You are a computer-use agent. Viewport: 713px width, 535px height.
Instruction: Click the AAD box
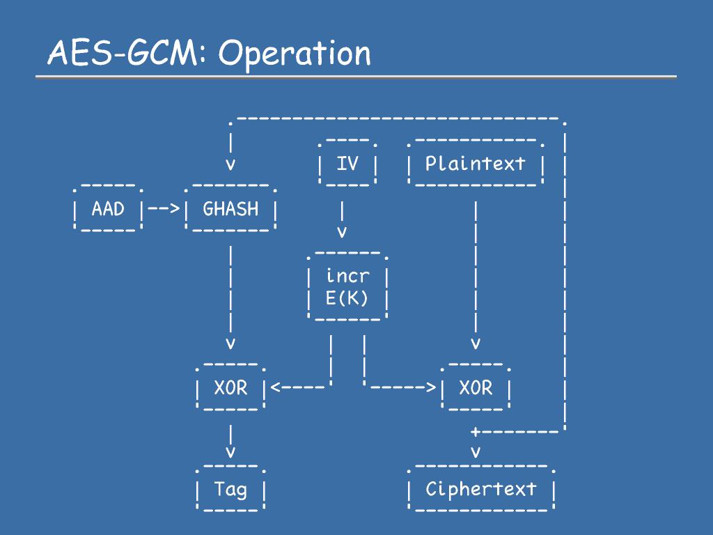point(107,209)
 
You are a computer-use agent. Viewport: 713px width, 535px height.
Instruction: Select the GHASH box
point(230,209)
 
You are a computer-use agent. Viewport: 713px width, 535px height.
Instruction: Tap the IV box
point(347,164)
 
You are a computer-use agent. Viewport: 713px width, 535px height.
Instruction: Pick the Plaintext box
point(476,164)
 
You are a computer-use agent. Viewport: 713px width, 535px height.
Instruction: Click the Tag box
point(230,489)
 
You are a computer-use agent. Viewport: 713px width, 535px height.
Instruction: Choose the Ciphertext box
point(481,489)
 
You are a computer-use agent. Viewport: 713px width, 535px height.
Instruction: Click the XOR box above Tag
point(230,388)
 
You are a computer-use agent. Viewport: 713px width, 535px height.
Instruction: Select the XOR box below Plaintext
point(476,388)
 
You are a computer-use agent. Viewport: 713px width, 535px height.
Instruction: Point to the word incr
point(347,276)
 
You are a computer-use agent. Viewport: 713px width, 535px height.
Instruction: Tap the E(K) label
point(347,298)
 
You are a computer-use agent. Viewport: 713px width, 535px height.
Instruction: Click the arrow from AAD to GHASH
point(164,209)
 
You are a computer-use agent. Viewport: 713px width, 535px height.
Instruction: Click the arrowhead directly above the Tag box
point(230,452)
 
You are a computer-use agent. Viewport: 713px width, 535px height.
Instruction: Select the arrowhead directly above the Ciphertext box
point(476,452)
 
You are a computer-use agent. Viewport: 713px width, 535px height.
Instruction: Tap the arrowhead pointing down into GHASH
point(230,166)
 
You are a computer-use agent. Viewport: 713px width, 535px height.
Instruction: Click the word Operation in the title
point(295,54)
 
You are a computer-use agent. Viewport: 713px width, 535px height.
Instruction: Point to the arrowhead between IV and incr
point(342,231)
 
